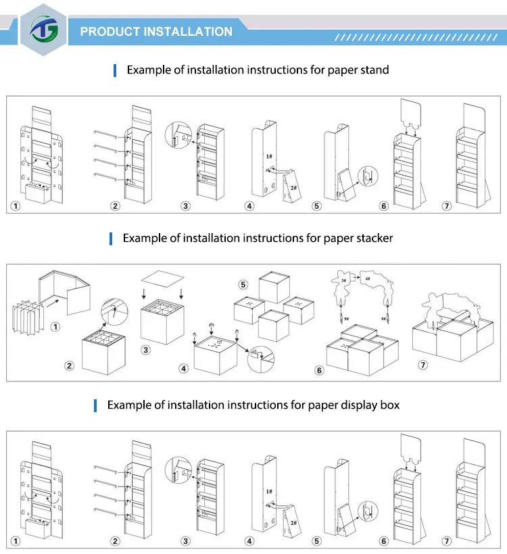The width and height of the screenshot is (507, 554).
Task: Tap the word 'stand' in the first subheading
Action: pyautogui.click(x=373, y=70)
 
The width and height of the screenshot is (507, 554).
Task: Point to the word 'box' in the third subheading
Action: pyautogui.click(x=389, y=405)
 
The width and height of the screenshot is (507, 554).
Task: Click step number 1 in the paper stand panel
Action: pyautogui.click(x=16, y=205)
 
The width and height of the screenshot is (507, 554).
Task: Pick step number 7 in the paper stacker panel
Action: pyautogui.click(x=423, y=366)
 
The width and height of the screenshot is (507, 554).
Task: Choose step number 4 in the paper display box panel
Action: pyautogui.click(x=249, y=540)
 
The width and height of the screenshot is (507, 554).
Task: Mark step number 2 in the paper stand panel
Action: pyautogui.click(x=116, y=205)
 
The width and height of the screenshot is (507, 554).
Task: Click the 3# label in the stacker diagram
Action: pyautogui.click(x=343, y=279)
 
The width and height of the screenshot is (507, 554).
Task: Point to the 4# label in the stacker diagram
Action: pyautogui.click(x=367, y=278)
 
